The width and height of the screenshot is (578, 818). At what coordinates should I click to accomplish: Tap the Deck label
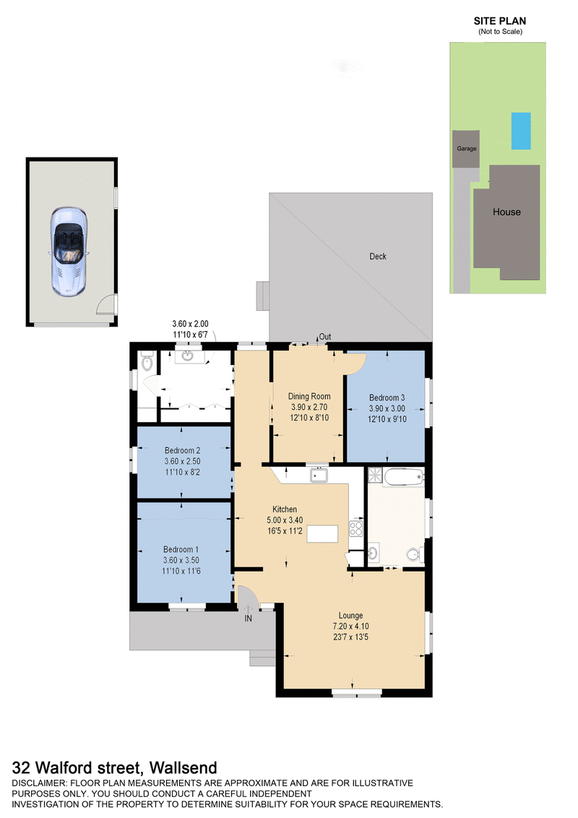[x=378, y=257]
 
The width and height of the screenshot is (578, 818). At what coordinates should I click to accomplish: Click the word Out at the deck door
[x=325, y=337]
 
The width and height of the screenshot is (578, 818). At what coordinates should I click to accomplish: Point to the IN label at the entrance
[x=248, y=619]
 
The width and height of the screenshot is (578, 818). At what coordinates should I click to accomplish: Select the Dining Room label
[x=309, y=396]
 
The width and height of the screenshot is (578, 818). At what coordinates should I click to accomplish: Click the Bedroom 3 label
[x=387, y=397]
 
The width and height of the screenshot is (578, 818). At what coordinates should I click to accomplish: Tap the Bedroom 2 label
[x=182, y=451]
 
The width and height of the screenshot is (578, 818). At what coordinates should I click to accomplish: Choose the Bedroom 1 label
[x=182, y=548]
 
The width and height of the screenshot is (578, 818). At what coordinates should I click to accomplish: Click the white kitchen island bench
[x=322, y=534]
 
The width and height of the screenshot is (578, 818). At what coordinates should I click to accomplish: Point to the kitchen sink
[x=318, y=475]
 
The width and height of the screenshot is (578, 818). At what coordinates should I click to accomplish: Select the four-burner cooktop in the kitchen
[x=355, y=528]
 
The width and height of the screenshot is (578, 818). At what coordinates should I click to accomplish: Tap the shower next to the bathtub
[x=375, y=475]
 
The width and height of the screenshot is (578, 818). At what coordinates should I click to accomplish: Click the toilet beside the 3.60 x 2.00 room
[x=147, y=359]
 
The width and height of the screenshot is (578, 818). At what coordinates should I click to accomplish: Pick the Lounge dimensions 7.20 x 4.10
[x=352, y=626]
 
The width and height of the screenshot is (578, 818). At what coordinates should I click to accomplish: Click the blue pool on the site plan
[x=519, y=131]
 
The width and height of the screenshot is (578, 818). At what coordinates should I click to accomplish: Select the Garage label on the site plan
[x=466, y=148]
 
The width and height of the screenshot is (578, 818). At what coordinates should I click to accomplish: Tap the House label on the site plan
[x=506, y=212]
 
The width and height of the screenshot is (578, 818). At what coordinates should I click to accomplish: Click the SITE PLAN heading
[x=499, y=22]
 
